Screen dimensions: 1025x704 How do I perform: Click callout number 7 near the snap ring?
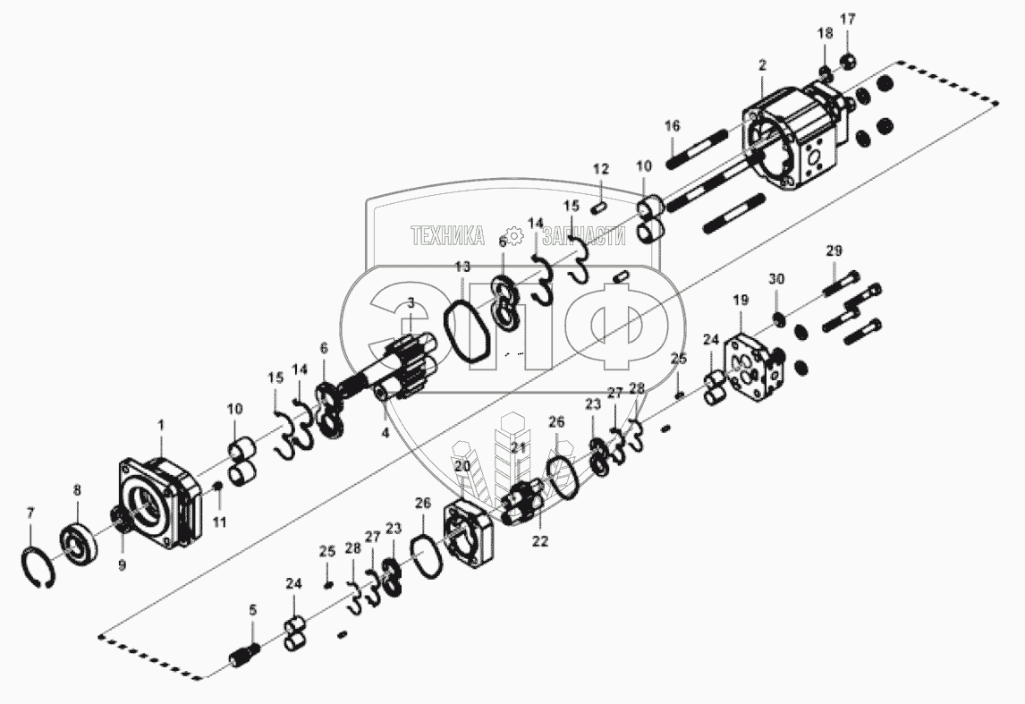[x=30, y=513]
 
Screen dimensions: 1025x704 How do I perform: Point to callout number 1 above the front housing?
[x=162, y=425]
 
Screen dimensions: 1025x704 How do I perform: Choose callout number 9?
[x=123, y=564]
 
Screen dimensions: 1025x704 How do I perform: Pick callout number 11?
[x=220, y=522]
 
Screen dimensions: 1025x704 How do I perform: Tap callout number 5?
[x=253, y=610]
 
